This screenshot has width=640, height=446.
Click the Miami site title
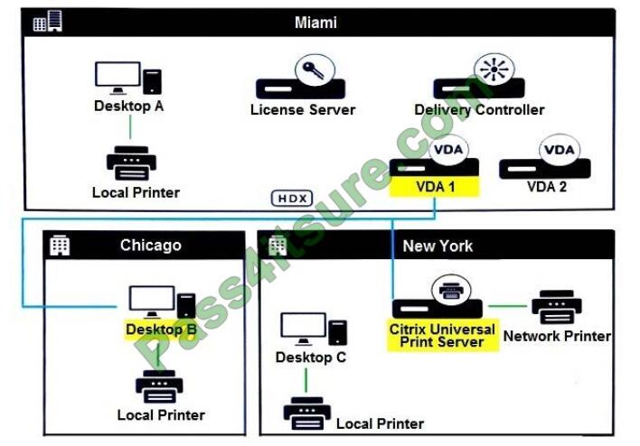(x=315, y=22)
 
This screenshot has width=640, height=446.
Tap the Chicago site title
(x=151, y=245)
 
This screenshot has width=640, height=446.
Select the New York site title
(x=438, y=245)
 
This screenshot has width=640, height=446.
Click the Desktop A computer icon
(x=128, y=79)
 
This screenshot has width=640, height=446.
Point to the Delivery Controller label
(x=479, y=110)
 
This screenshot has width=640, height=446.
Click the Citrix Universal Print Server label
(x=442, y=335)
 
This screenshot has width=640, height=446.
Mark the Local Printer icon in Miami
(x=131, y=163)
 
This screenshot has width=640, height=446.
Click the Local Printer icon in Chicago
(x=160, y=386)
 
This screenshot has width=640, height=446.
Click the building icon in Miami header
(x=47, y=22)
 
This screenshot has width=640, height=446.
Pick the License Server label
(x=303, y=110)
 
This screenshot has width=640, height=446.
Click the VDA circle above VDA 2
(x=560, y=148)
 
